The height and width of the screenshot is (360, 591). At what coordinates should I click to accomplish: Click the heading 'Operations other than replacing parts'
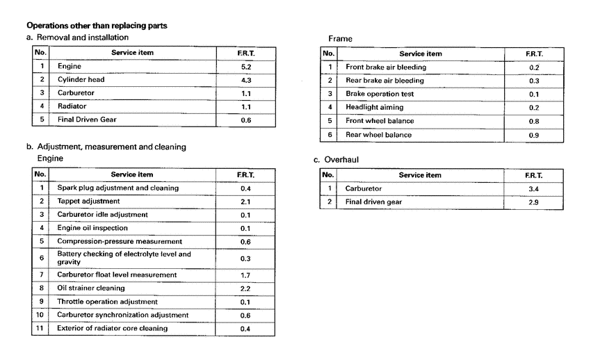(96, 26)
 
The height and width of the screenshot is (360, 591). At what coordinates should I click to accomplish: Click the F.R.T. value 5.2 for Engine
(245, 66)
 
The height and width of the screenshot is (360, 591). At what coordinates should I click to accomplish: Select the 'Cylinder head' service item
(81, 79)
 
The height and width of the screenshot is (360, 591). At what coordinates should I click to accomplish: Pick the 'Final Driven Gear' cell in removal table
(87, 120)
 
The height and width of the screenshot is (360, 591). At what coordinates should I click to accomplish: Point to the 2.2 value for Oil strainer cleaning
(245, 288)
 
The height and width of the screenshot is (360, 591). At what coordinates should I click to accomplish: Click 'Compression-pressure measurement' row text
(115, 241)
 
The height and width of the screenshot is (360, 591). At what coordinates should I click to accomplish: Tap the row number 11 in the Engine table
(40, 328)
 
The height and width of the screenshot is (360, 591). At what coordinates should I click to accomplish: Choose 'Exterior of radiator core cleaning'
(113, 328)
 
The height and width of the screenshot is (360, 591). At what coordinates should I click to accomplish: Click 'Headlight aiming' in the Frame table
(374, 108)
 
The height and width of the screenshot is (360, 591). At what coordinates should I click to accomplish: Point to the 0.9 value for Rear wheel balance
(533, 135)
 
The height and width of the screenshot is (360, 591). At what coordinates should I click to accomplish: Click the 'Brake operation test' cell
(380, 94)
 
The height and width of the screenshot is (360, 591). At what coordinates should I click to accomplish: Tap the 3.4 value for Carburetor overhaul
(533, 188)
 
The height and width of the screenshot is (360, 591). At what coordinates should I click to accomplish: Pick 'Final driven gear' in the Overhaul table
(374, 202)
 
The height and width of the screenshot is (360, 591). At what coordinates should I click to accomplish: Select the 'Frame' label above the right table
(340, 39)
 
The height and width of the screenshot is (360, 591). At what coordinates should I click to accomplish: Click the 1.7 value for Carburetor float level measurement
(245, 275)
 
